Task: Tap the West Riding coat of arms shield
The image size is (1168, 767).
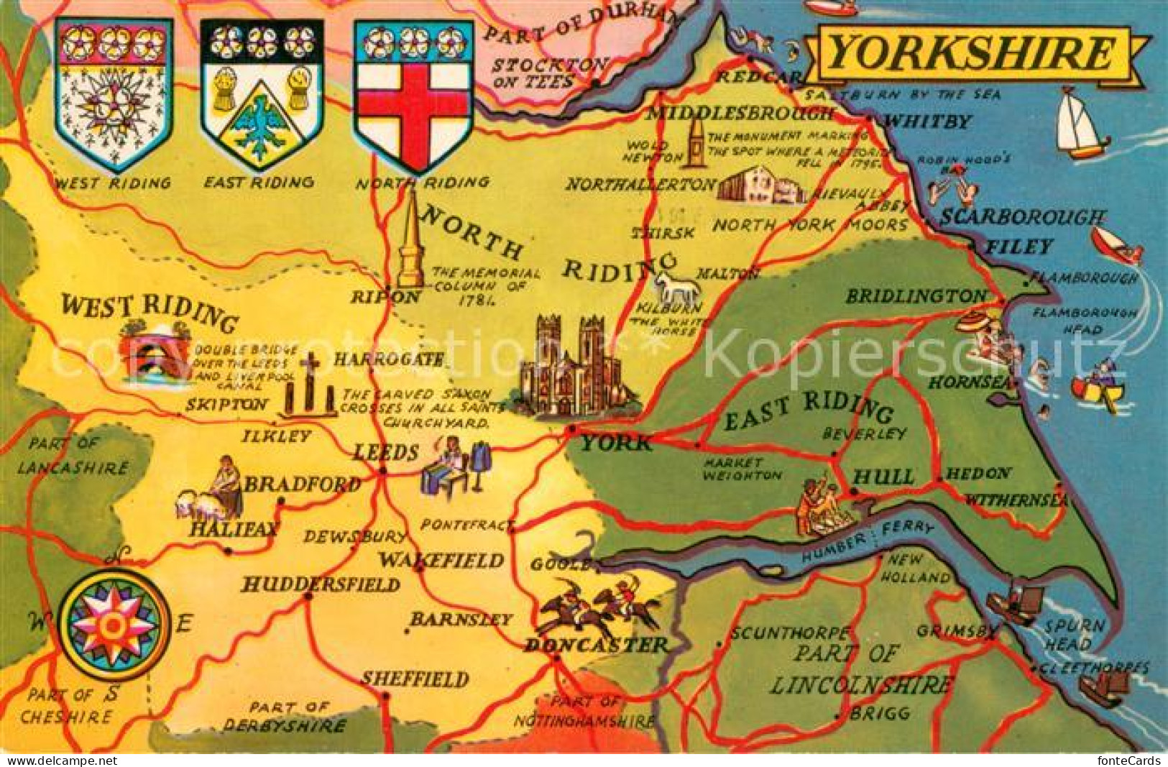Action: (114, 93)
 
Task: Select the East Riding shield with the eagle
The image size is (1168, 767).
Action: (261, 93)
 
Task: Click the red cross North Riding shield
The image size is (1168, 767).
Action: (413, 93)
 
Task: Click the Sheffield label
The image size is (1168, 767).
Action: (415, 679)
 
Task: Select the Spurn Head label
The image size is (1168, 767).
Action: (1075, 635)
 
